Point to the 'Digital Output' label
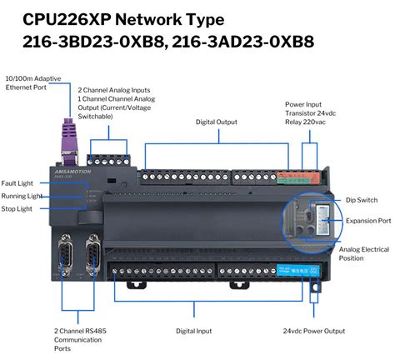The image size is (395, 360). point(217,121)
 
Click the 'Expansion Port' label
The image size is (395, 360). point(367,221)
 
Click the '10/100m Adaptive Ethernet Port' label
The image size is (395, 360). point(34,81)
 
